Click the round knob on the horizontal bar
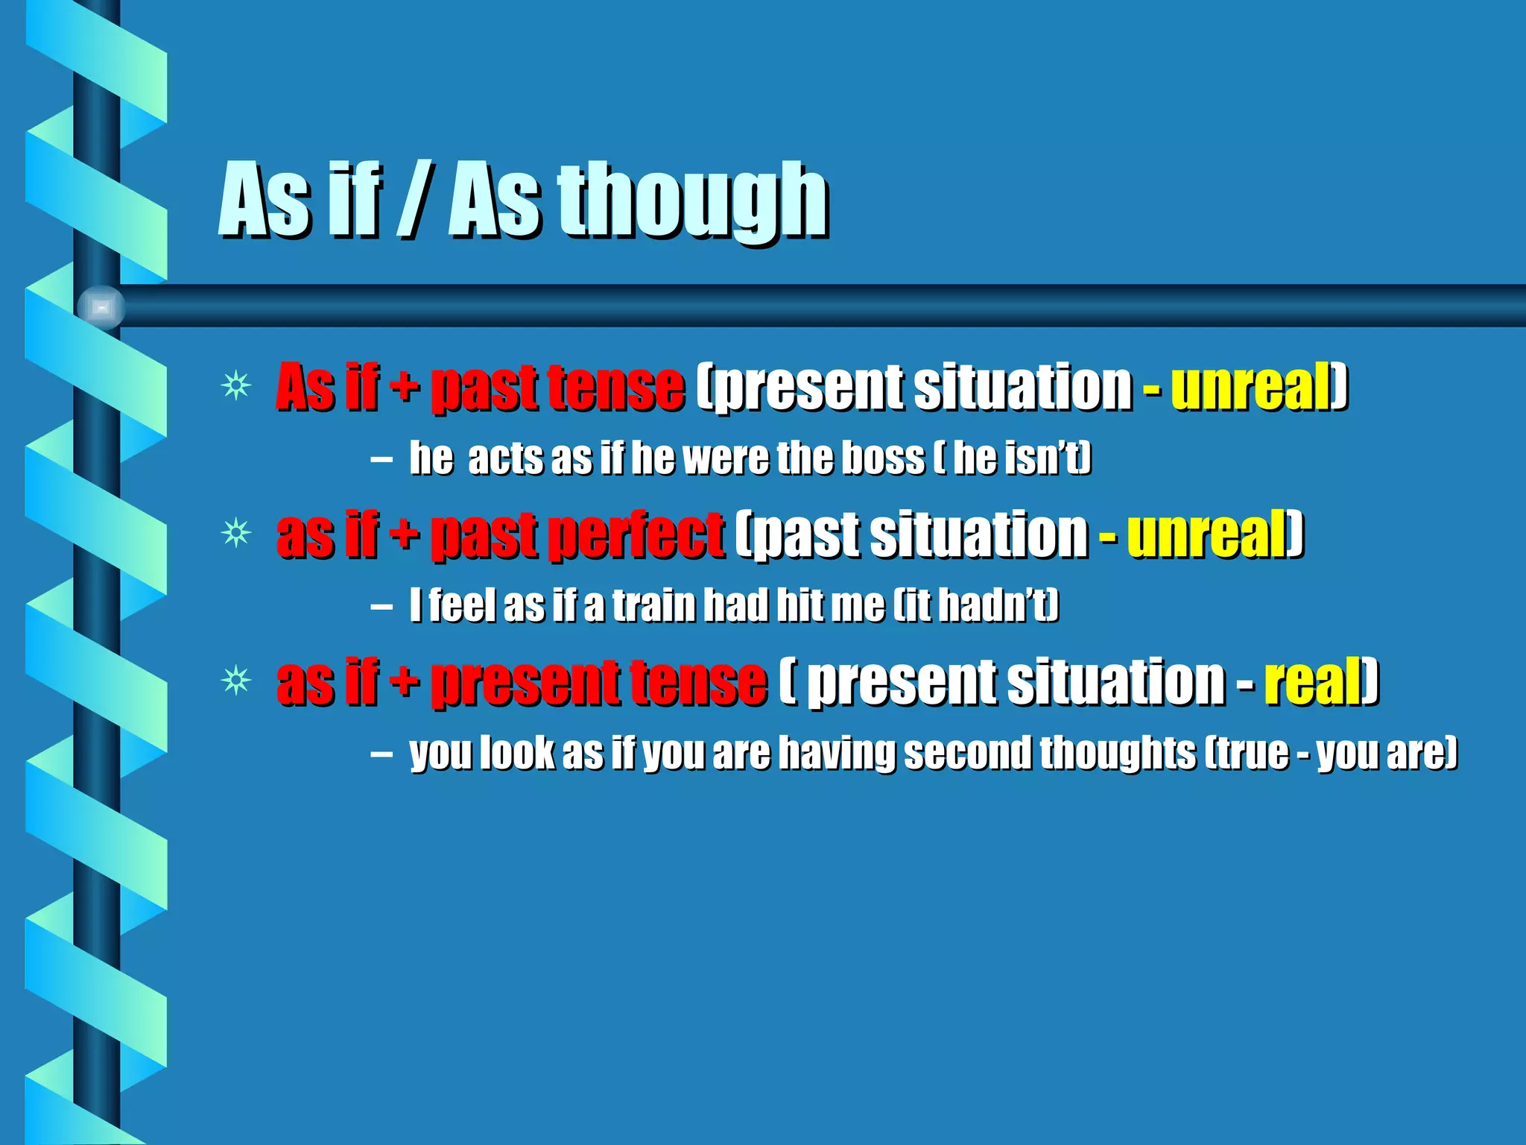[101, 307]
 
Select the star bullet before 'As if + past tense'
[236, 385]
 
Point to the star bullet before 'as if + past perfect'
[236, 533]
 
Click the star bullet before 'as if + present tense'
[236, 681]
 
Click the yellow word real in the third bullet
[1313, 681]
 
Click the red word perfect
[636, 535]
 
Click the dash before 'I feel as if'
[381, 606]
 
